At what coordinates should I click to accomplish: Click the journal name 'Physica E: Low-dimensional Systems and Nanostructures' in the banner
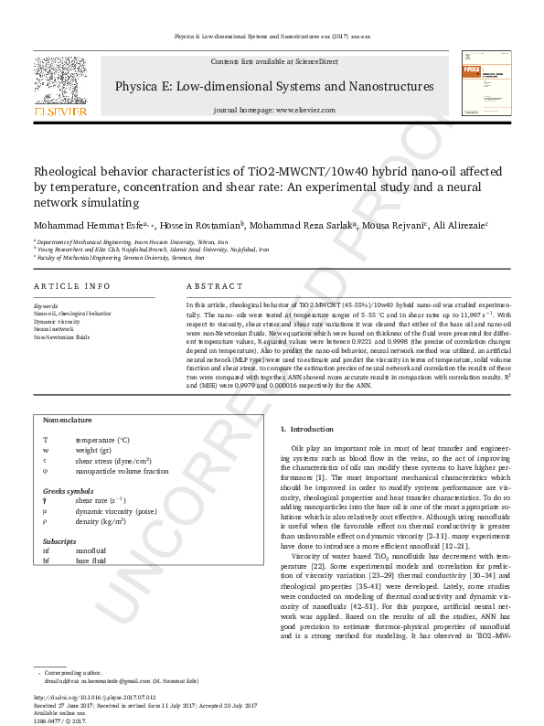(274, 87)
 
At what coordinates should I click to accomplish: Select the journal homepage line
(274, 109)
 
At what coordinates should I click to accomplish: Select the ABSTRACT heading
(214, 286)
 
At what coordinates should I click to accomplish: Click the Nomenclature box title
(68, 420)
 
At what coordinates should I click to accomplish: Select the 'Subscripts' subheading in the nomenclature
(59, 540)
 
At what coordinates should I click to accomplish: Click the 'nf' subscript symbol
(47, 551)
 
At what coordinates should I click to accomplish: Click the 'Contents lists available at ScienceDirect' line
(274, 60)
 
